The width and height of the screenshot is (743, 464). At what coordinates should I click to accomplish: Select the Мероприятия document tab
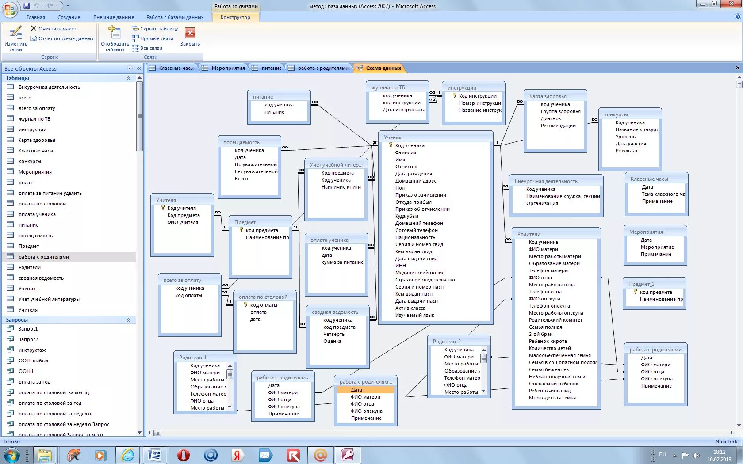(228, 68)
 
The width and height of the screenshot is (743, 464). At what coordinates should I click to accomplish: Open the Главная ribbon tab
(36, 17)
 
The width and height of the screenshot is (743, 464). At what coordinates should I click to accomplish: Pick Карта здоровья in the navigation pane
(37, 140)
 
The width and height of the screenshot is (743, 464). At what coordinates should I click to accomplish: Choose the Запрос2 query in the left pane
(28, 339)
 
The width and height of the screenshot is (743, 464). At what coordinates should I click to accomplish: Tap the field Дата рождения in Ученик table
(414, 174)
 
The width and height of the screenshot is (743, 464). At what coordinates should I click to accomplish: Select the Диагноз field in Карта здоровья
(551, 118)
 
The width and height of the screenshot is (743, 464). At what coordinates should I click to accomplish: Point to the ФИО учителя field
(183, 222)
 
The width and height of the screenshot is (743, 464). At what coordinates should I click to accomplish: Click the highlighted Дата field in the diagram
(357, 390)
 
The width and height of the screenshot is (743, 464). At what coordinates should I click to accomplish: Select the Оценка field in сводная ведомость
(332, 341)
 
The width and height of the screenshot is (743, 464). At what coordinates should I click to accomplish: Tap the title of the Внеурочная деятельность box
(546, 181)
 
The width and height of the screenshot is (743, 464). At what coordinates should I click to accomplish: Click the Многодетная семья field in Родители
(552, 398)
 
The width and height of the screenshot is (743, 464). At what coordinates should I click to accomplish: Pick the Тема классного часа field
(663, 194)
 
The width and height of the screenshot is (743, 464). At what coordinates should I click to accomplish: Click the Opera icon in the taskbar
(183, 455)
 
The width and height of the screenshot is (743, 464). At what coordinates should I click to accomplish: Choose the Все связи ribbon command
(151, 48)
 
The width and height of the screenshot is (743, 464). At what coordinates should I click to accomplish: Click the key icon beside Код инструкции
(454, 95)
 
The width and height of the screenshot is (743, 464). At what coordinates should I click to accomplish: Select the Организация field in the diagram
(542, 203)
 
